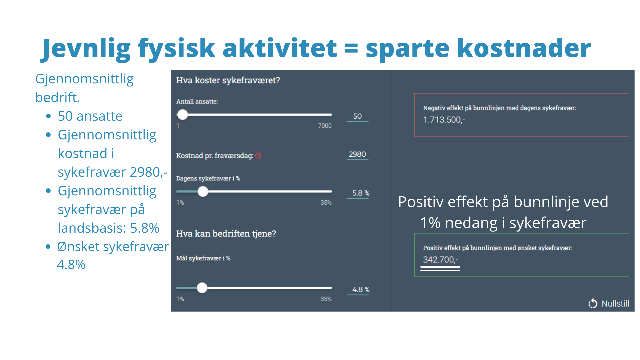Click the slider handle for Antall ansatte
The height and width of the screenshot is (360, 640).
[183, 115]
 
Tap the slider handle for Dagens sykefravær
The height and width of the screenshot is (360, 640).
[203, 191]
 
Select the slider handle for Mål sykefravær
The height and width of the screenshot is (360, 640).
[202, 288]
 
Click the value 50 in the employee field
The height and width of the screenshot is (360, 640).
[357, 116]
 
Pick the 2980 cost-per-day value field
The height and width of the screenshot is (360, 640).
[357, 154]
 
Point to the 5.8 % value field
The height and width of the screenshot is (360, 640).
[361, 193]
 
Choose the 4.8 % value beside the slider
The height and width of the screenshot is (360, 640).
[361, 289]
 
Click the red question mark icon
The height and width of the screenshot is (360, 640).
[258, 155]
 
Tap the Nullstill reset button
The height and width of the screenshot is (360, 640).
[609, 304]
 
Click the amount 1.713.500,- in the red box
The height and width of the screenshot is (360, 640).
[444, 120]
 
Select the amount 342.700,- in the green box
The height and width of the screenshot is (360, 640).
[440, 260]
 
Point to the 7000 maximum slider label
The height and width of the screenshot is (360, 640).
[325, 126]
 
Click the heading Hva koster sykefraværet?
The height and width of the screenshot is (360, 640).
[228, 80]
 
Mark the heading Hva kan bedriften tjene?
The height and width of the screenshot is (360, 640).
[226, 234]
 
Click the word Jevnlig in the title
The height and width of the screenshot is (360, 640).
[86, 49]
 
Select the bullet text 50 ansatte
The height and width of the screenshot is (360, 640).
[90, 116]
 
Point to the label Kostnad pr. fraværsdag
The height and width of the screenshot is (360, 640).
[215, 156]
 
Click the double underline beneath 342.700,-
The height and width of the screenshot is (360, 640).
[440, 269]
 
